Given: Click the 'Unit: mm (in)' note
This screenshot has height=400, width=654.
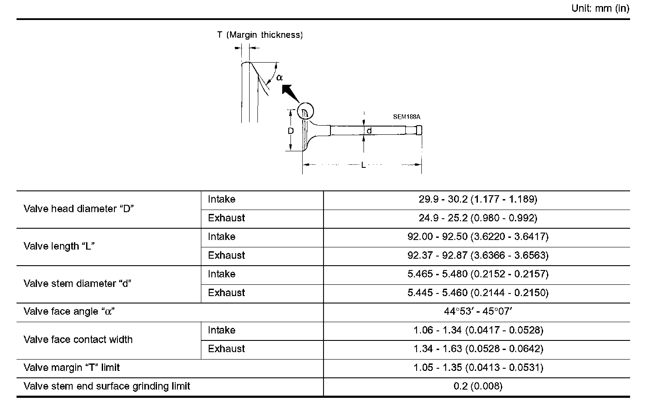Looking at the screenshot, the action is point(600,9).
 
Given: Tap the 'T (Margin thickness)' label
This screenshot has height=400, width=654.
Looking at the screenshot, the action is point(260,35).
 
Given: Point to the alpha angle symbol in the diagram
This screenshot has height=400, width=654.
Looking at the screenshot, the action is point(279,77).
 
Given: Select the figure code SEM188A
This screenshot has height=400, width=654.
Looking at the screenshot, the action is point(407,117).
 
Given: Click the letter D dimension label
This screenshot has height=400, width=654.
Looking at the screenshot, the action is point(291,130).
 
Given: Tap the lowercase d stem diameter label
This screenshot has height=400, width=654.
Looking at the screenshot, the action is point(369,130).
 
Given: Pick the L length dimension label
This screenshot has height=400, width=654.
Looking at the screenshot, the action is point(364,165).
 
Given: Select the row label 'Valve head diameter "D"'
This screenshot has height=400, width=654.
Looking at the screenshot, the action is point(78,209).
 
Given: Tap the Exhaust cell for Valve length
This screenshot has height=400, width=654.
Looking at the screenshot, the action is point(226,256).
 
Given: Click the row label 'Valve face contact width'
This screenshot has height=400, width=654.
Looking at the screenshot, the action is point(78,340).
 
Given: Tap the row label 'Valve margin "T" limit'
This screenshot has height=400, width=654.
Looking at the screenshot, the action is point(72,368).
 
